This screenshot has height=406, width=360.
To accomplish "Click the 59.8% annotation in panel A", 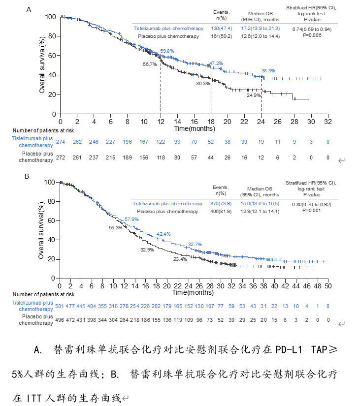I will point(167,51).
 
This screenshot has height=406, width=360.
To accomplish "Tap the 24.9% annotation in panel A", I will point(254,95).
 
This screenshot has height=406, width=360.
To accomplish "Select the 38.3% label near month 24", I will point(268,71).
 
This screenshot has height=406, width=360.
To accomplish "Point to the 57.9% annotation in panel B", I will point(131,219).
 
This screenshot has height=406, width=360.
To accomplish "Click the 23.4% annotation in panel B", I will point(180,259).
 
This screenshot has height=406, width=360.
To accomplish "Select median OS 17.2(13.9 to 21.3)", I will point(261,29).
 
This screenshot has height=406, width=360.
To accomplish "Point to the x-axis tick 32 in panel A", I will point(328,122).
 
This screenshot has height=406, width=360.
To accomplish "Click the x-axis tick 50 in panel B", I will point(327,286).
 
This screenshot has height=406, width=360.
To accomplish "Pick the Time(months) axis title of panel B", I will point(194,293).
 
